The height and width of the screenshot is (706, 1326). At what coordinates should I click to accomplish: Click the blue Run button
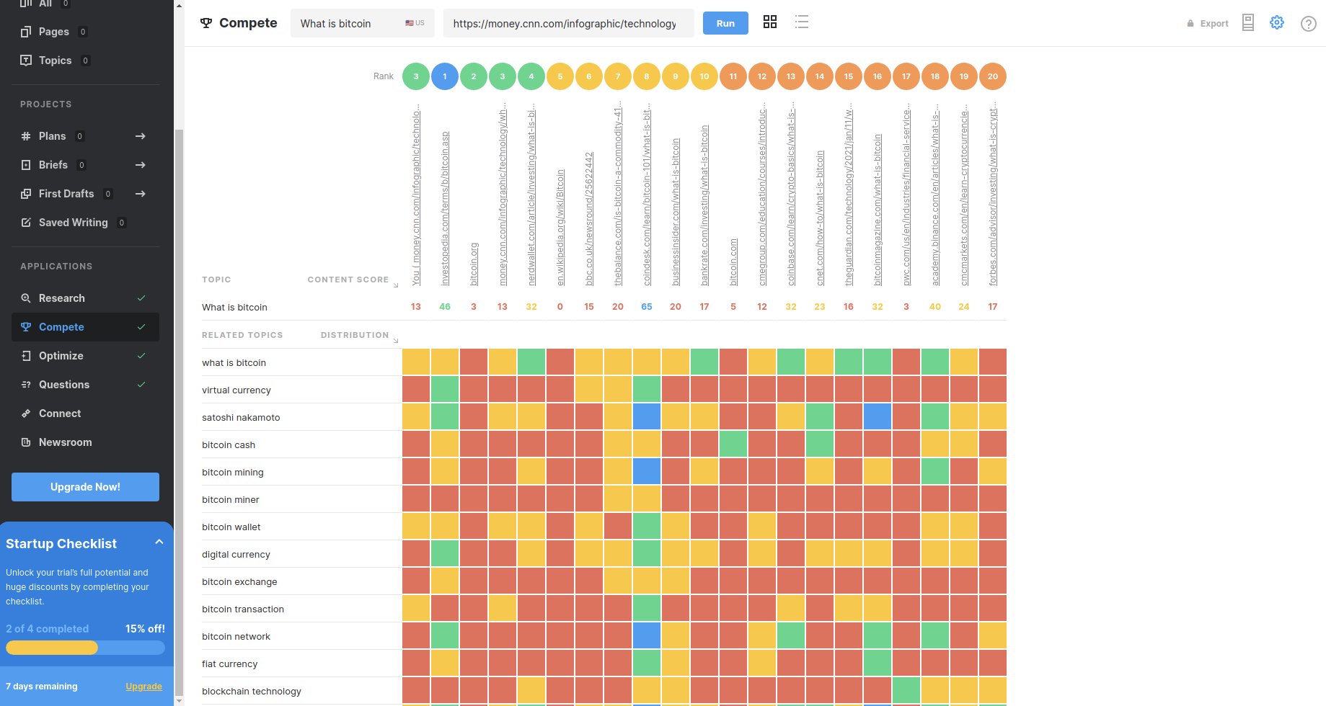(725, 23)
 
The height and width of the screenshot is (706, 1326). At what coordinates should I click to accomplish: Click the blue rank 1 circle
(445, 76)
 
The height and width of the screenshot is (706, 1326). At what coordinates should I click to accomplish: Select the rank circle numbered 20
(993, 76)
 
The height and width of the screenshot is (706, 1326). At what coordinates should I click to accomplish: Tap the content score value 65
(647, 307)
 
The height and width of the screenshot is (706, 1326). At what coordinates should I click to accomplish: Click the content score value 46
(445, 307)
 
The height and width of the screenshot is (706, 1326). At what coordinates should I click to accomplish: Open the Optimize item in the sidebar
(61, 356)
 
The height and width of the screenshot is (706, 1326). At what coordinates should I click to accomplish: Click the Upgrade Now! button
(85, 487)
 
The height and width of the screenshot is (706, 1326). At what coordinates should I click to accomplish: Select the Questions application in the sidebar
(64, 385)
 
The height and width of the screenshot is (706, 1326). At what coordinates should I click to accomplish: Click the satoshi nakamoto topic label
(241, 418)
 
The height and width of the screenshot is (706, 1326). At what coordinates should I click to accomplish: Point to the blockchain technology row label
(252, 692)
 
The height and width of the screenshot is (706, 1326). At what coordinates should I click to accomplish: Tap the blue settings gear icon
(1277, 22)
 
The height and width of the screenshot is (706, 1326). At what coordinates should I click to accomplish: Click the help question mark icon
(1308, 24)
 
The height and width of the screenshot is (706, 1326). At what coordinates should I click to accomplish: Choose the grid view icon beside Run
(770, 22)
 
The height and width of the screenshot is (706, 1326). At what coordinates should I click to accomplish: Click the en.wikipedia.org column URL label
(561, 228)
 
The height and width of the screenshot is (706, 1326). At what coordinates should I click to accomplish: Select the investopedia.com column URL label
(446, 209)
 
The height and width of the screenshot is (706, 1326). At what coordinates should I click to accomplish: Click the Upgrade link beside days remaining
(143, 687)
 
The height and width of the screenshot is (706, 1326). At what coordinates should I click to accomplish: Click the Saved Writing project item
(73, 223)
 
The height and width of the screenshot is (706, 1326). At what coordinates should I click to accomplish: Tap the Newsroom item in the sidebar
(65, 442)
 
